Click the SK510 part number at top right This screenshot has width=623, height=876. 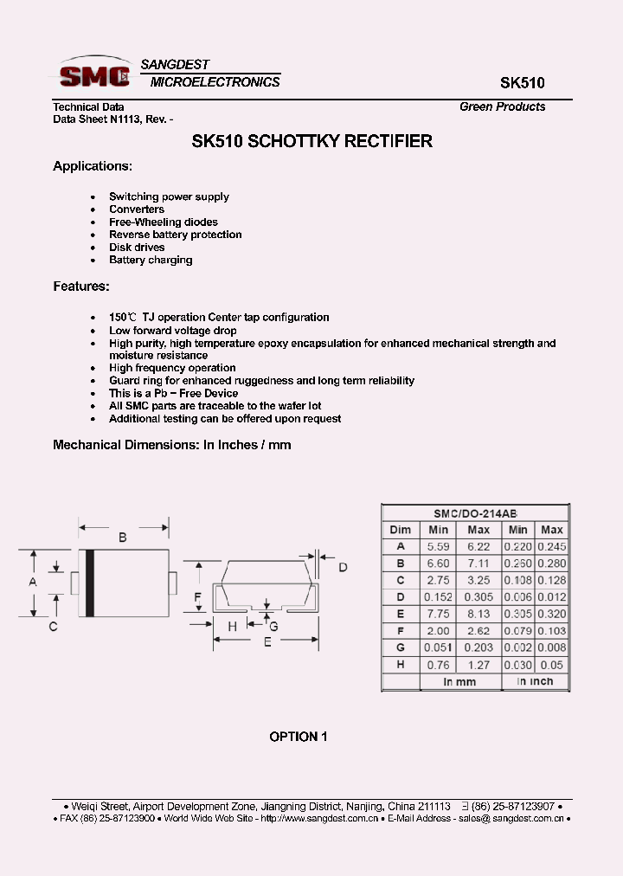523,84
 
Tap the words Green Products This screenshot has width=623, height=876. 502,106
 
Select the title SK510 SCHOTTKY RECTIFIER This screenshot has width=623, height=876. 311,141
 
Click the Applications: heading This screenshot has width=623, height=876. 93,165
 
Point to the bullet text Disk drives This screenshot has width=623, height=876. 137,247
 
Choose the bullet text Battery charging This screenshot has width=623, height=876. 151,260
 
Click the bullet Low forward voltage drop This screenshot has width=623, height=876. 172,330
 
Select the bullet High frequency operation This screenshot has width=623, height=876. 172,368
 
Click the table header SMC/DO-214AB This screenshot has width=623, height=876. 474,512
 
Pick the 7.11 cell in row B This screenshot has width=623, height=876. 478,564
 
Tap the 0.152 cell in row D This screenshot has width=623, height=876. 439,597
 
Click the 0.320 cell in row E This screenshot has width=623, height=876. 551,614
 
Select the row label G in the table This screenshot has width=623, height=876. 401,647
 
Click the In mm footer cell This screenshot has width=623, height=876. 459,681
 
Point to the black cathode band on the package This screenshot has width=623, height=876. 89,583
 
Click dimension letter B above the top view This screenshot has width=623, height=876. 123,538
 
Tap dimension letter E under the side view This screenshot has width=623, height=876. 268,641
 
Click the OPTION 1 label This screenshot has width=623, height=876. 299,737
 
